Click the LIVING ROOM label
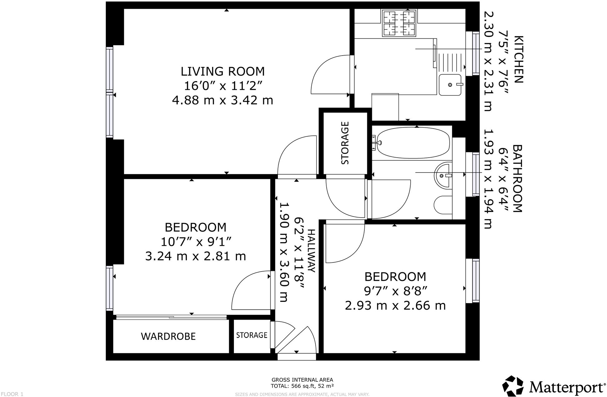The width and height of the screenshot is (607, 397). (222, 71)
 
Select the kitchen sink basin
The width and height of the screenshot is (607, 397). (450, 85)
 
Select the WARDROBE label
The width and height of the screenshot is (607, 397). (168, 336)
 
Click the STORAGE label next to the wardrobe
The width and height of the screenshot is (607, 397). (252, 335)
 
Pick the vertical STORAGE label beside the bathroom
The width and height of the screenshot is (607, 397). (345, 143)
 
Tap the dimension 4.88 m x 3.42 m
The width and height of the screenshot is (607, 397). (222, 100)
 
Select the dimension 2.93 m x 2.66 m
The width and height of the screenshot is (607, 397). (395, 305)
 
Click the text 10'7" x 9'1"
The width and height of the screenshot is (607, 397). (195, 242)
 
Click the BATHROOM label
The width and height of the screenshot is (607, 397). (517, 178)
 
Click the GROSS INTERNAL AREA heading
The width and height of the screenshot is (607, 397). (302, 380)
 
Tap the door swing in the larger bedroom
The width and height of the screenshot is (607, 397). (250, 290)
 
